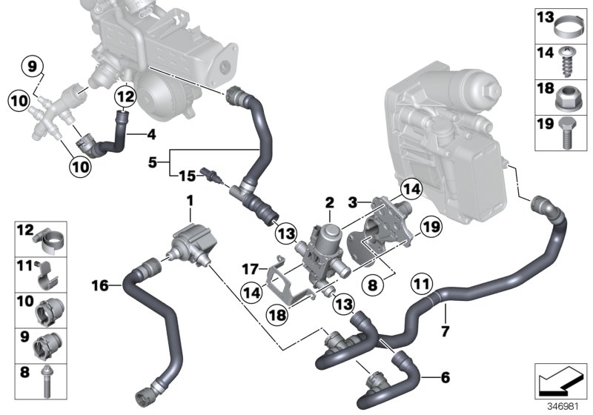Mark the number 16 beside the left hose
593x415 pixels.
pyautogui.click(x=101, y=283)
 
